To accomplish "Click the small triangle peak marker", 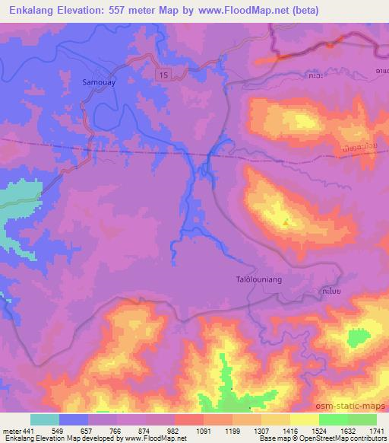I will [286, 222].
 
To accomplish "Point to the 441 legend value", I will [30, 430].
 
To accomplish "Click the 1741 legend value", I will [377, 430].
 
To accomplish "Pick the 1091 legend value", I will [203, 430].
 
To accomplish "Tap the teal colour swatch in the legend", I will [45, 419].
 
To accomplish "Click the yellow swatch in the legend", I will [305, 419].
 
